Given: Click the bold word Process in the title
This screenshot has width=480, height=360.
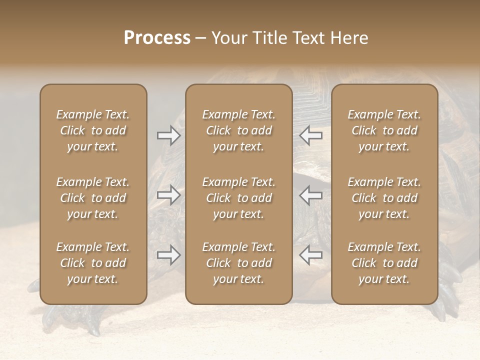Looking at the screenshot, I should click(157, 38).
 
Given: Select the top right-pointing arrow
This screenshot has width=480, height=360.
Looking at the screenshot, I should click(168, 135).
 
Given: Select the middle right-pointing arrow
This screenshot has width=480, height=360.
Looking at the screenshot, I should click(168, 194).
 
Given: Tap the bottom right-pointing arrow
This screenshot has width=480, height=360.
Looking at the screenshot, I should click(168, 255).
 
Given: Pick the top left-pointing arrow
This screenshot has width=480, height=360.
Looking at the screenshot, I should click(311, 135).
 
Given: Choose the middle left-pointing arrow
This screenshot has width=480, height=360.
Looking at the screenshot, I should click(311, 194).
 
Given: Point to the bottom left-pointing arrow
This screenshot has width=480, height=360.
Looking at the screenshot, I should click(311, 255).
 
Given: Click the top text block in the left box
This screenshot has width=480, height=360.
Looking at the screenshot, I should click(93, 130).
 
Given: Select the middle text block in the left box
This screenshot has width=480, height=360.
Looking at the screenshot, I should click(93, 198).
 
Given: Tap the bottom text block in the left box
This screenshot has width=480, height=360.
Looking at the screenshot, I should click(93, 263).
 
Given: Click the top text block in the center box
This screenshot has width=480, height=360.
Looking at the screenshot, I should click(238, 130).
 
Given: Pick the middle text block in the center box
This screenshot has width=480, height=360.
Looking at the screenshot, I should click(238, 198).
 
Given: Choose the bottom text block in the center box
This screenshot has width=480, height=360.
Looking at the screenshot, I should click(238, 263).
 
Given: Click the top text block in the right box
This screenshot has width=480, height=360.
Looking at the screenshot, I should click(384, 130).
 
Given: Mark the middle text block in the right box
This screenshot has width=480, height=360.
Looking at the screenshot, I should click(384, 198).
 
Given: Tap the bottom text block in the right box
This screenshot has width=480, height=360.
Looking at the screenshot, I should click(384, 263).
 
